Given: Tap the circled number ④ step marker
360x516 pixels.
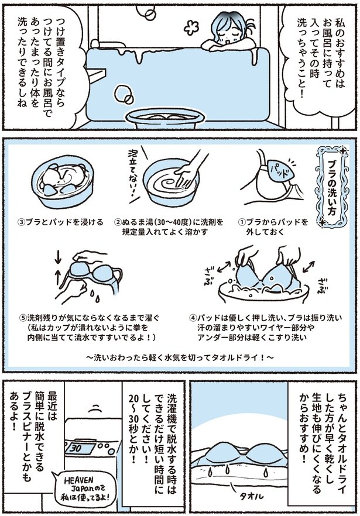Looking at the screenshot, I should pos(193,318).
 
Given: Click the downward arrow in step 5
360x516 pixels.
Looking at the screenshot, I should pos(59,256).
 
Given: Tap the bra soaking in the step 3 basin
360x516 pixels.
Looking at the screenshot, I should pos(61,178).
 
